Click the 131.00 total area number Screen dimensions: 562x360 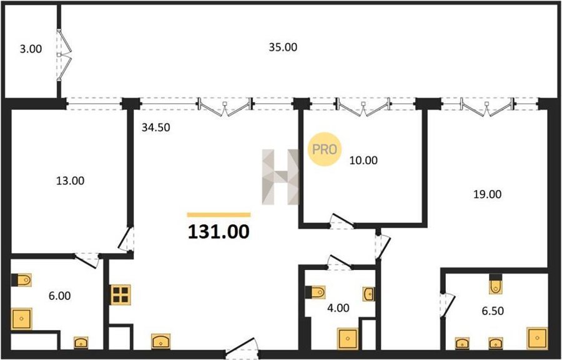[219, 232]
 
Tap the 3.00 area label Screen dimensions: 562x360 [31, 49]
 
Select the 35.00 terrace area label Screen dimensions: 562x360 [283, 47]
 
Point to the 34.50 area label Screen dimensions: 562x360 [155, 127]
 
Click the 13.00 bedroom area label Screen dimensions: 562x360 [70, 181]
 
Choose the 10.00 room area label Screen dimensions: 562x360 [363, 160]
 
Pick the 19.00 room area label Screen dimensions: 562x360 [488, 194]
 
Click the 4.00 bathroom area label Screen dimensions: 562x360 [338, 308]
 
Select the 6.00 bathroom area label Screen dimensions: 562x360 [59, 296]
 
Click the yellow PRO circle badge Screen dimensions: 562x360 [324, 149]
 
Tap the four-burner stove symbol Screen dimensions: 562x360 [121, 294]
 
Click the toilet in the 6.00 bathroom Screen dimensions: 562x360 [21, 280]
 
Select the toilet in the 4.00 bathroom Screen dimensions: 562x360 [315, 292]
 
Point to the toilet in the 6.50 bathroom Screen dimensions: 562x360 [496, 284]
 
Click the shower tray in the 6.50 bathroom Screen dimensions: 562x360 [537, 337]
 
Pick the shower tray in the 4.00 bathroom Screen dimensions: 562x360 [347, 339]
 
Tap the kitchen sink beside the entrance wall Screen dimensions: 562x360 [161, 341]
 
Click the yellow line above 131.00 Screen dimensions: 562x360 [219, 215]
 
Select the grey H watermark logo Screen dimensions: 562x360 [280, 177]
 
